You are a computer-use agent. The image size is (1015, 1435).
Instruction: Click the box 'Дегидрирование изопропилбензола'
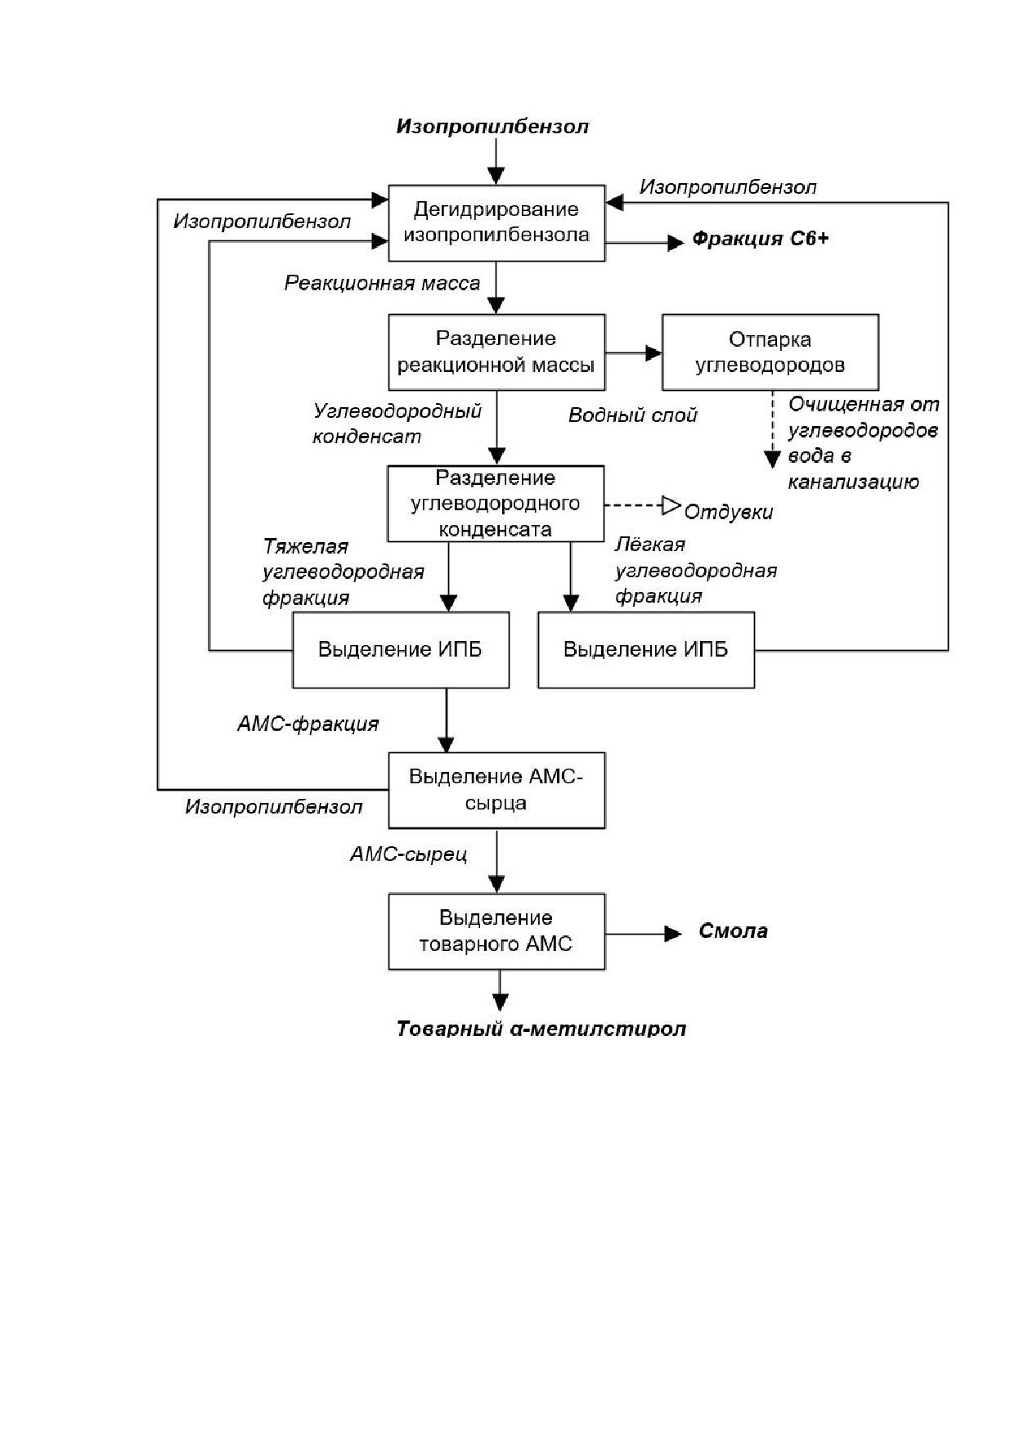click(x=496, y=223)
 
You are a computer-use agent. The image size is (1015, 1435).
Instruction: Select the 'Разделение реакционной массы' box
click(x=496, y=352)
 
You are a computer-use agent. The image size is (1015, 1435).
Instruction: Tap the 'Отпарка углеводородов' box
click(x=770, y=352)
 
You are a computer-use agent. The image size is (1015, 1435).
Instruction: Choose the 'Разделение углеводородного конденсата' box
click(x=496, y=504)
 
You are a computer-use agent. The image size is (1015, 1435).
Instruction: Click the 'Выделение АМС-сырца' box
click(x=496, y=791)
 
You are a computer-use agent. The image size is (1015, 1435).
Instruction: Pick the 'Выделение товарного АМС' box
click(x=496, y=932)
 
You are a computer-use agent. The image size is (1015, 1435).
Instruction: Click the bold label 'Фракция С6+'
click(x=761, y=239)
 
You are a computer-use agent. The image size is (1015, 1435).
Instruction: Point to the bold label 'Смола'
click(x=734, y=931)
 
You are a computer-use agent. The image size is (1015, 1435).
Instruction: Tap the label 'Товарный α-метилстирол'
click(x=541, y=1029)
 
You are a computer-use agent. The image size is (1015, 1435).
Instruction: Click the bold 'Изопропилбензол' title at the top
click(x=492, y=127)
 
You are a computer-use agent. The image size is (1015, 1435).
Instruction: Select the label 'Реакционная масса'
click(x=383, y=284)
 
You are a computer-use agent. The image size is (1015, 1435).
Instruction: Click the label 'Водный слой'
click(x=633, y=415)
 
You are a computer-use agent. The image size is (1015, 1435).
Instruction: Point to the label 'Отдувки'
click(x=729, y=513)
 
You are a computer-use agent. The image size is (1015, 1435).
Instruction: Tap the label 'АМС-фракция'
click(x=308, y=724)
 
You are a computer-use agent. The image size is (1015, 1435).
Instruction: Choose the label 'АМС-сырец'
click(x=409, y=854)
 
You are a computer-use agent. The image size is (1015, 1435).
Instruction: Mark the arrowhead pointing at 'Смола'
click(x=672, y=933)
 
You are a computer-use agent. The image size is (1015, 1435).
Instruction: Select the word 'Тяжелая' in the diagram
click(x=306, y=546)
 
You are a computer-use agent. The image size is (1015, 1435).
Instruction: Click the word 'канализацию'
click(x=854, y=482)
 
